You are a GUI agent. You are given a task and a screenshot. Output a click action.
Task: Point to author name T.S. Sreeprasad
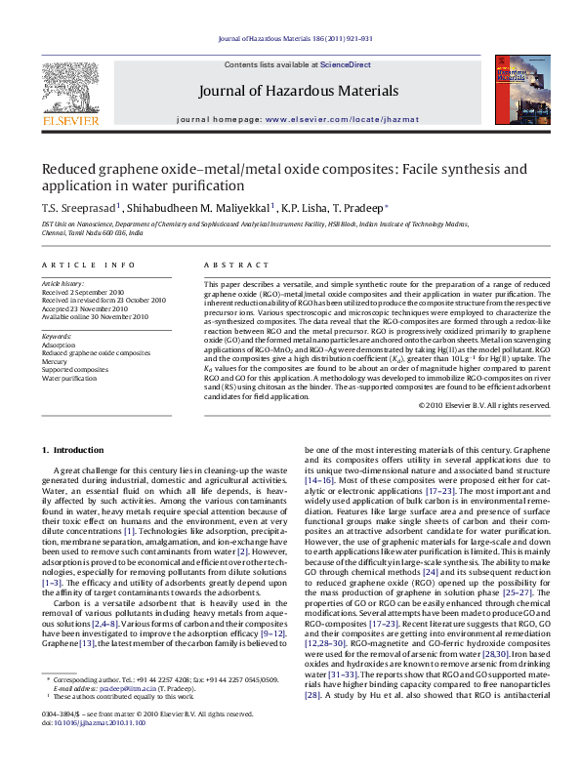[65, 207]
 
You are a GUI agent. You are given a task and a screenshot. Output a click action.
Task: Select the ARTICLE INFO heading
[88, 265]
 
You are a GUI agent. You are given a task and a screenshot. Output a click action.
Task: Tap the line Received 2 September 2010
[83, 292]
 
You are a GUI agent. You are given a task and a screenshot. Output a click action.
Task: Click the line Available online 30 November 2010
[95, 316]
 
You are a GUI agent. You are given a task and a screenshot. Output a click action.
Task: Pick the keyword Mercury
[56, 361]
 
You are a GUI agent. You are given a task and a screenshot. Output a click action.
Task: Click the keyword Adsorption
[60, 345]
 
